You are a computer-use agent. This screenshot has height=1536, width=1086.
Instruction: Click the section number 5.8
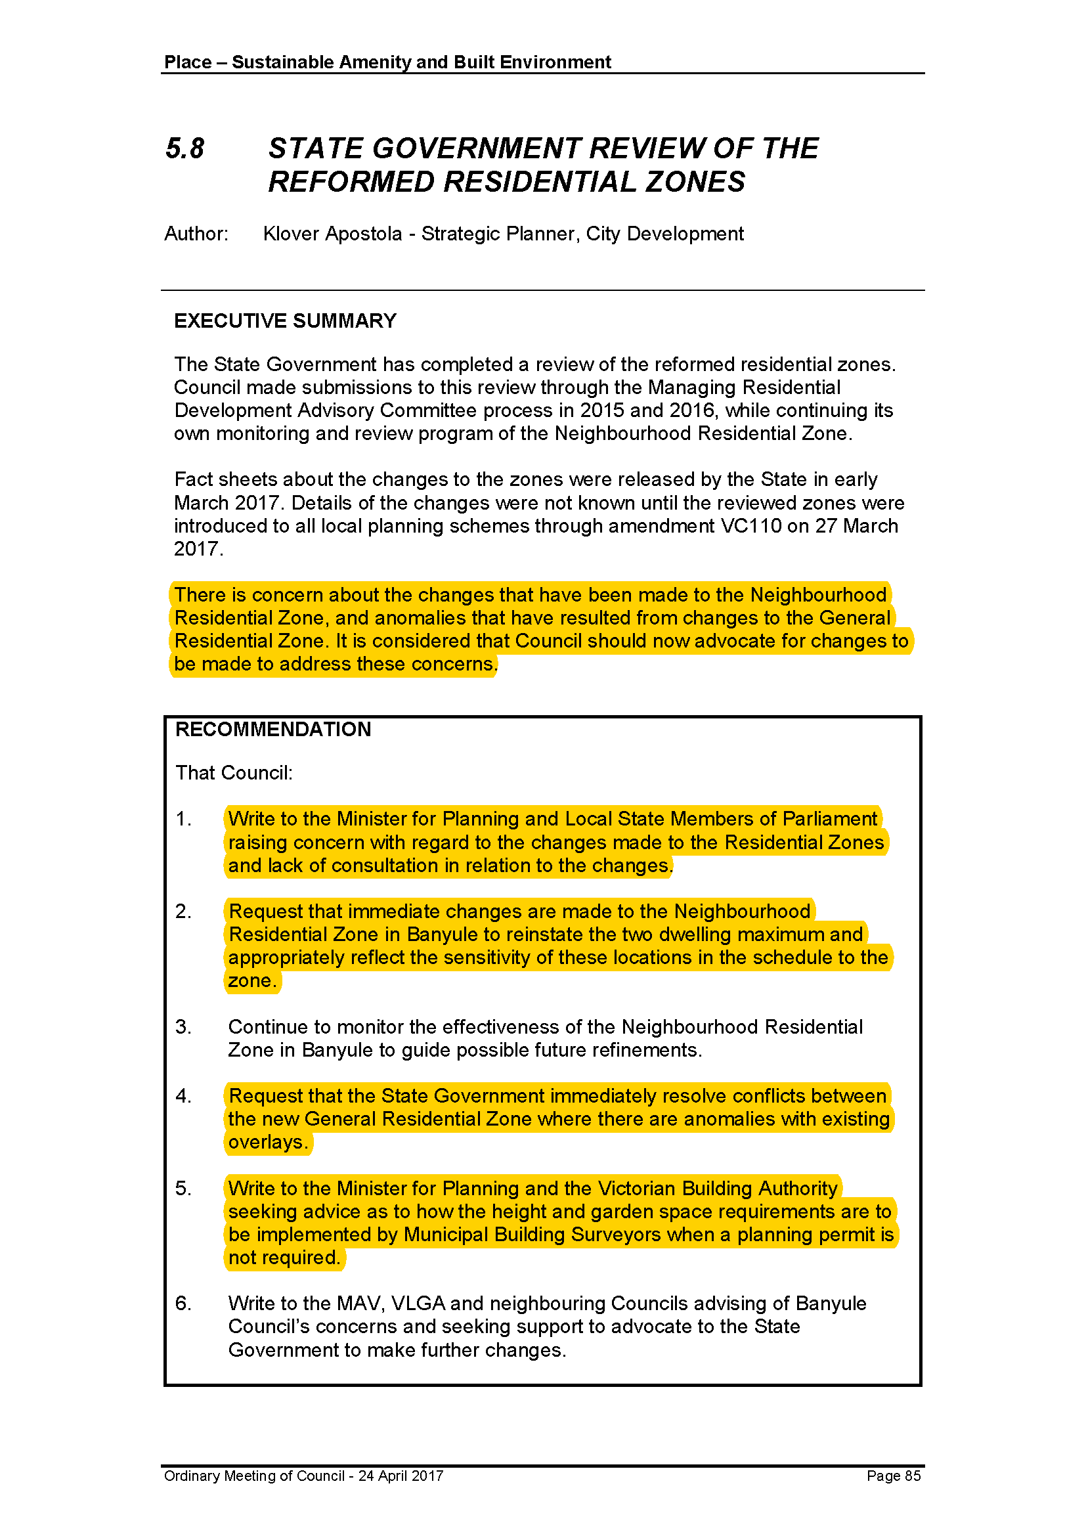(x=185, y=148)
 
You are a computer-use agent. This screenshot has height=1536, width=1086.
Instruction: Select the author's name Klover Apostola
(x=332, y=234)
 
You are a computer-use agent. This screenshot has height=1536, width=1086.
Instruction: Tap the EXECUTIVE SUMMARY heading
(x=285, y=321)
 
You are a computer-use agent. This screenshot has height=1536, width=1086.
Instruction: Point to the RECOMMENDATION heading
(x=273, y=729)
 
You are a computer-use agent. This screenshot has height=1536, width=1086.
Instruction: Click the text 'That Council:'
(x=234, y=774)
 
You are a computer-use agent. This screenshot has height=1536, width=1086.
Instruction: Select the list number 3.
(x=183, y=1027)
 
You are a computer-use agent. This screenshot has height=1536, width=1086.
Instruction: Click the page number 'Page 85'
(x=894, y=1476)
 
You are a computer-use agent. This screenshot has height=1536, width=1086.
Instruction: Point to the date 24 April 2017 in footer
(x=401, y=1476)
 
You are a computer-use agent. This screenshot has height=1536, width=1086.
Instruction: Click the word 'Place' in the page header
(x=188, y=62)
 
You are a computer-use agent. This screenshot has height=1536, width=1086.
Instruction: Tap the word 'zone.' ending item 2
(x=252, y=980)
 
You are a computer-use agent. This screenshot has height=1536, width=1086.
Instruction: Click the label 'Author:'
(x=196, y=234)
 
